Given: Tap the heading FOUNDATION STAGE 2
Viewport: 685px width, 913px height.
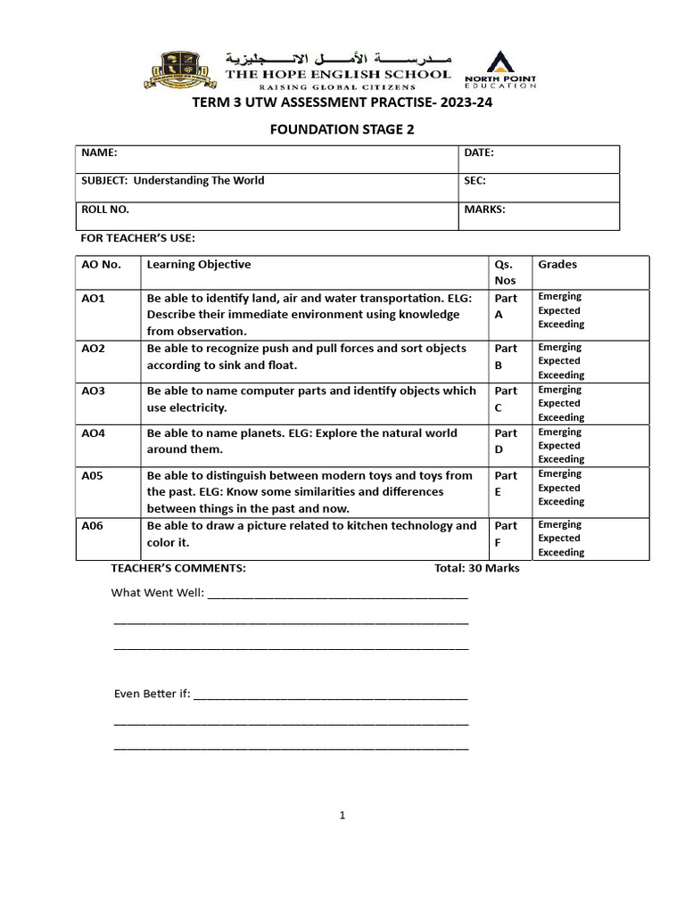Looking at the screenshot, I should [x=342, y=129].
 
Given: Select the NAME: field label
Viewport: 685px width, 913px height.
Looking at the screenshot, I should [x=99, y=153].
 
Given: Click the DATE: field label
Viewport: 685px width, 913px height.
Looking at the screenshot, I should [x=479, y=153].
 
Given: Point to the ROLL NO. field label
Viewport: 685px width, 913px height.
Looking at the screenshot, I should [x=105, y=210].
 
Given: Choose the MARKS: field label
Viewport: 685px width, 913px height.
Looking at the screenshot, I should [x=485, y=210].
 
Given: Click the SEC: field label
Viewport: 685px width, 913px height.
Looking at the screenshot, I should [x=475, y=181].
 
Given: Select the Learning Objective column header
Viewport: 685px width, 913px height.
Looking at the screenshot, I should [x=199, y=265].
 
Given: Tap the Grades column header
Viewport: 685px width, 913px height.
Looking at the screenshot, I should [x=557, y=265].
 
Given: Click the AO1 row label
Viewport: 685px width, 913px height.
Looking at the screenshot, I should [x=94, y=299].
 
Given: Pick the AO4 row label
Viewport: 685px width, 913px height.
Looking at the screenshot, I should [x=94, y=433].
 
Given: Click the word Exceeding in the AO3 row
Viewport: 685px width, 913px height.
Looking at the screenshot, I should [x=561, y=417].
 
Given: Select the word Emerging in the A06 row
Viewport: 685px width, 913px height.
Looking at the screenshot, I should [x=559, y=525].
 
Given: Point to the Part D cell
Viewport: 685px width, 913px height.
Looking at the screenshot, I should [x=505, y=441].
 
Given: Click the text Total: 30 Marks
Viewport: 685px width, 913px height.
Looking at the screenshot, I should [x=476, y=569].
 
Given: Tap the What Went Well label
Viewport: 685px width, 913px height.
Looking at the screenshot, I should [x=158, y=593].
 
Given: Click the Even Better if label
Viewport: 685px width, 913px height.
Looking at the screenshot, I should [x=153, y=694].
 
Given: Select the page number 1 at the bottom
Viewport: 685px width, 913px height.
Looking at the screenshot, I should [x=342, y=815].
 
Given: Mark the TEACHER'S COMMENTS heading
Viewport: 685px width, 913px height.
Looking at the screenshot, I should [x=178, y=569].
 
